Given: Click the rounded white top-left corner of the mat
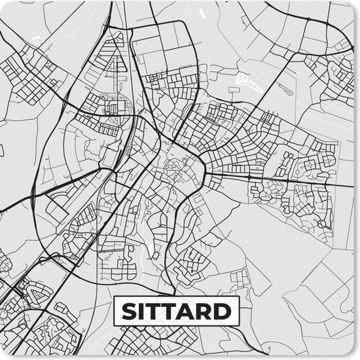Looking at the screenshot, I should coord(2,2).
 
